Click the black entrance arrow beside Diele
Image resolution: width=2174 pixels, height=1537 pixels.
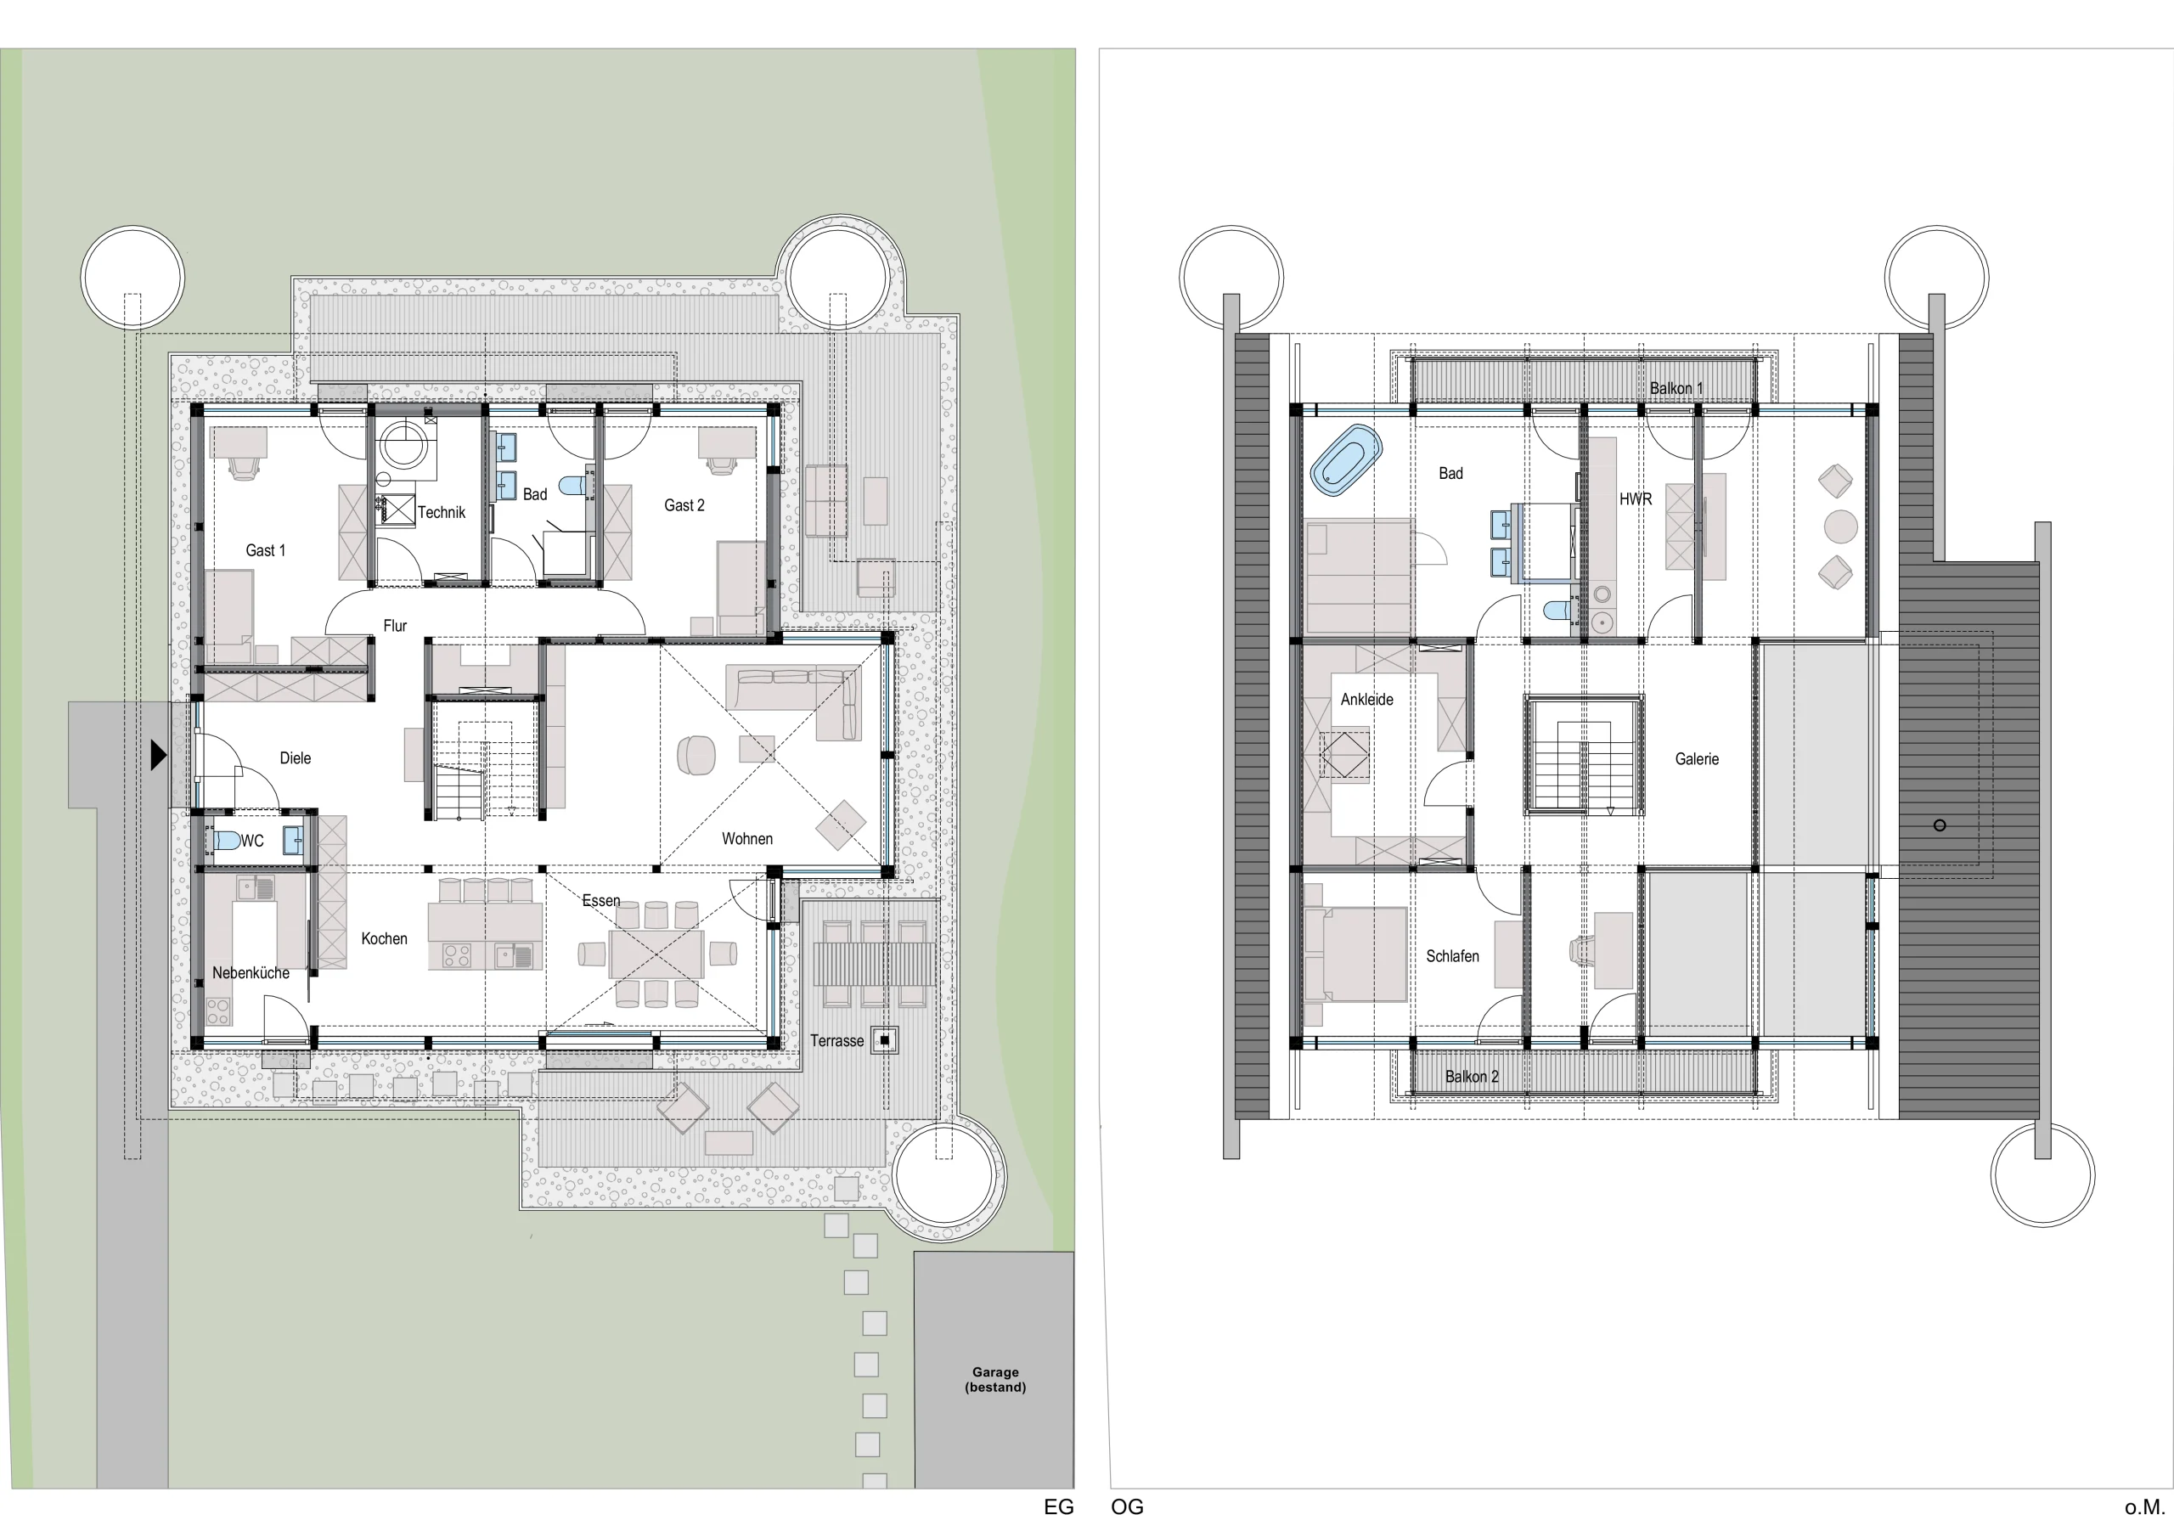coord(158,755)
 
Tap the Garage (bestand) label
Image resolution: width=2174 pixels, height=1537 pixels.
coord(995,1379)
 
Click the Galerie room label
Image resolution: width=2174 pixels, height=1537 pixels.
coord(1697,758)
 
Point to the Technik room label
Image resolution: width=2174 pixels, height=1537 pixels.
coord(442,512)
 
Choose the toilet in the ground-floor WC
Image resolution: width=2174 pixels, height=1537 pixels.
coord(225,840)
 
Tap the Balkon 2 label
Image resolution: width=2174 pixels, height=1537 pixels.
coord(1472,1077)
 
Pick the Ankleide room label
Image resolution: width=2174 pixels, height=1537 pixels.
coord(1366,700)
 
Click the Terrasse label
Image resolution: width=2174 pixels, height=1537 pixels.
coord(837,1041)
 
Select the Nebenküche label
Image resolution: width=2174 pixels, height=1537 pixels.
coord(251,972)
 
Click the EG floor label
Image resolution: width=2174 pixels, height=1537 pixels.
coord(1059,1506)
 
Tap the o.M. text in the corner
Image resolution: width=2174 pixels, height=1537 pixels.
coord(2144,1506)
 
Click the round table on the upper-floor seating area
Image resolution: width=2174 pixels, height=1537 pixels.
coord(1841,526)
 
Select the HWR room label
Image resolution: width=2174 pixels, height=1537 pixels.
coord(1636,499)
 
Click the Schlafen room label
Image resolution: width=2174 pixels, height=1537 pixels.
coord(1452,956)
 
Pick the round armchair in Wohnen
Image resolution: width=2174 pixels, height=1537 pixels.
coord(696,756)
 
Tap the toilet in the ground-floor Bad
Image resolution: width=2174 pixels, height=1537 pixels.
coord(572,486)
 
